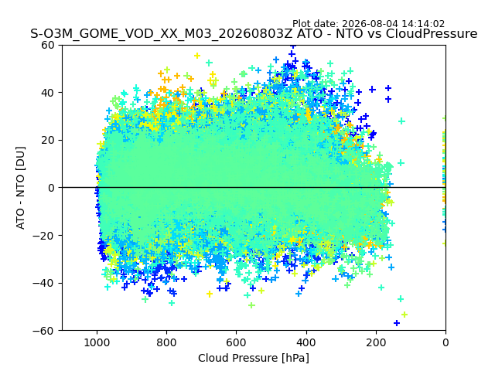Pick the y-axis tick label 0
click(x=52, y=188)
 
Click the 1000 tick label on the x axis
click(x=97, y=342)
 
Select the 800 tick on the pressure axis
click(x=167, y=342)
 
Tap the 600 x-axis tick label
click(x=237, y=342)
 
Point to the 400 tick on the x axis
click(x=306, y=342)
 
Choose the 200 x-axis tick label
click(x=376, y=342)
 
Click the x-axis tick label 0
click(x=445, y=342)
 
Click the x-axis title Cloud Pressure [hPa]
click(x=254, y=358)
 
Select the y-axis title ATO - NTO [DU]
click(x=20, y=188)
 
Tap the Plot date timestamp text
click(x=368, y=24)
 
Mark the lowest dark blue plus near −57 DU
click(x=397, y=323)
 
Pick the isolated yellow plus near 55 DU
click(x=197, y=56)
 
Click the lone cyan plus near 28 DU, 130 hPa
click(x=401, y=121)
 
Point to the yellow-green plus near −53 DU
click(x=405, y=315)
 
